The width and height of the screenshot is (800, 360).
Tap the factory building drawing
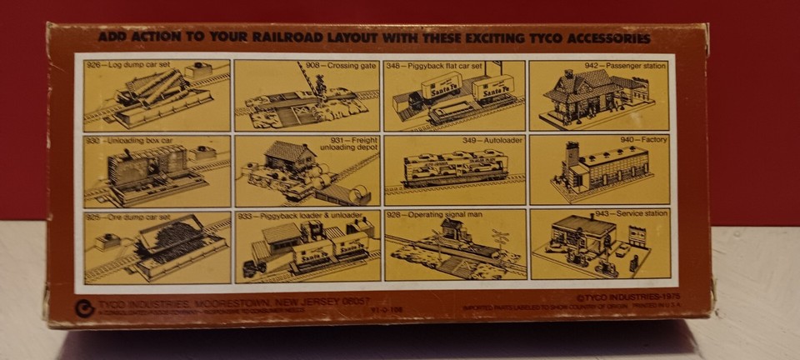point(604,171)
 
